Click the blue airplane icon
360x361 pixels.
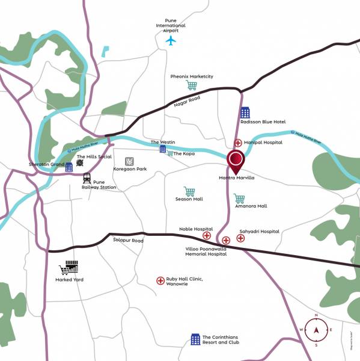coord(171,41)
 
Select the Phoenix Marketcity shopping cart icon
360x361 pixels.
coord(192,86)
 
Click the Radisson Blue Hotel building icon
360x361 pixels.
coord(245,113)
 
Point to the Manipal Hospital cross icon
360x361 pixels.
coord(238,143)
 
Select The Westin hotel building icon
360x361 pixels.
coord(163,149)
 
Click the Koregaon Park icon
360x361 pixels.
coord(129,161)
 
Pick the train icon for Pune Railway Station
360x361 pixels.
coord(87,178)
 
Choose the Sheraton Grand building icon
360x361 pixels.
coord(69,167)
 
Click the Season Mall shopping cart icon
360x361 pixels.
coord(189,191)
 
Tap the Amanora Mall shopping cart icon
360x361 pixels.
coord(239,199)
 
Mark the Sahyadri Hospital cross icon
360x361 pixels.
coord(240,238)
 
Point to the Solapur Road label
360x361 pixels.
coord(128,241)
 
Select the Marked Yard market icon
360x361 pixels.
coord(69,268)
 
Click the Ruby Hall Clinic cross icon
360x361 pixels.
coord(160,280)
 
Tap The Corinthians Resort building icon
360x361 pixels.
coord(195,339)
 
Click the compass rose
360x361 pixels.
coord(316,330)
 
